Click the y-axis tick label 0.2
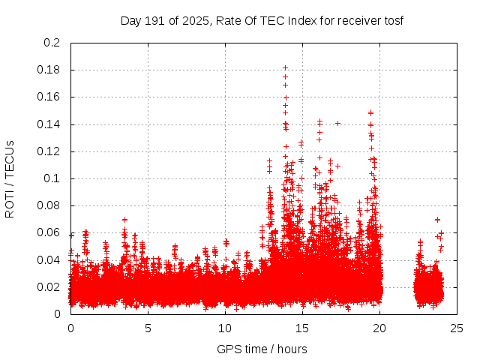tap(52, 43)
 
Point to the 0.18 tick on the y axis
tap(49, 70)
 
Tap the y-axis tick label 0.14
tap(49, 124)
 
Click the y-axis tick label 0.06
tap(49, 232)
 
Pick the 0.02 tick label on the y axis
tap(49, 287)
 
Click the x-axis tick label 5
tap(148, 328)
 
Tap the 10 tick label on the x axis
tap(225, 328)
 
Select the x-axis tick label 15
tap(302, 328)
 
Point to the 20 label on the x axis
tap(380, 328)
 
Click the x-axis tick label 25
tap(457, 328)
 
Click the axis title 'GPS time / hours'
tap(262, 349)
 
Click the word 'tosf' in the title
tap(394, 20)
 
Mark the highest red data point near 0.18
tap(285, 68)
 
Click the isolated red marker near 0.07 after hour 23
tap(437, 220)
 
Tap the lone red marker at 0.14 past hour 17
tap(337, 123)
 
